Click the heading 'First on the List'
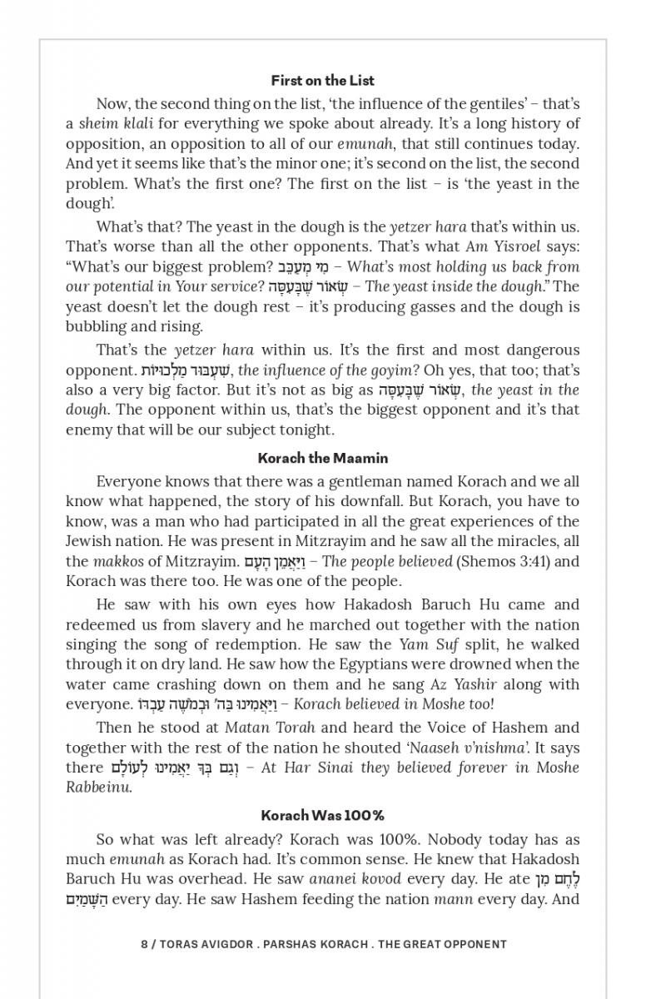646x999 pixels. (x=323, y=81)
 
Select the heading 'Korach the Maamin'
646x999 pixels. (x=323, y=458)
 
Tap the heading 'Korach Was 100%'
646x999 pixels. (x=323, y=815)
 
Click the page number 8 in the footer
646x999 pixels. (x=144, y=944)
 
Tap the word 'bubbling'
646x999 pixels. (x=95, y=326)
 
